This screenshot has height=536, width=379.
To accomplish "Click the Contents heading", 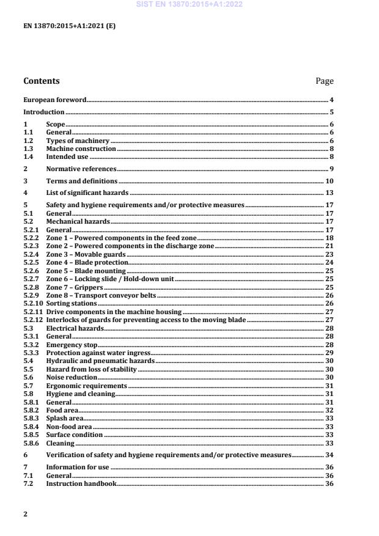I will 42,81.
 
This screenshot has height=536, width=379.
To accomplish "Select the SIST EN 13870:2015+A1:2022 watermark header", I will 189,4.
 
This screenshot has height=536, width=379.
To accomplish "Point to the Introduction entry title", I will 43,112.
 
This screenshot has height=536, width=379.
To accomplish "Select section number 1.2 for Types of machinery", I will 28,141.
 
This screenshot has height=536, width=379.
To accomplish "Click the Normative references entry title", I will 81,168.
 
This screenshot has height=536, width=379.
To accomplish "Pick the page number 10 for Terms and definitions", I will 329,182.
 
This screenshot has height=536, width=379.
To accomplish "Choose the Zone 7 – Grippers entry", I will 75,287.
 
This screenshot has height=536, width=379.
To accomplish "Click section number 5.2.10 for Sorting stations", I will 32,303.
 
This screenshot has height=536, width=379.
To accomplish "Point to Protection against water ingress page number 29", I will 329,353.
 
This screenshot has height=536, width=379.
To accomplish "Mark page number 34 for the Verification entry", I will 329,455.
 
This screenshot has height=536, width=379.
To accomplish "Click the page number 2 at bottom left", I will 26,514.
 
